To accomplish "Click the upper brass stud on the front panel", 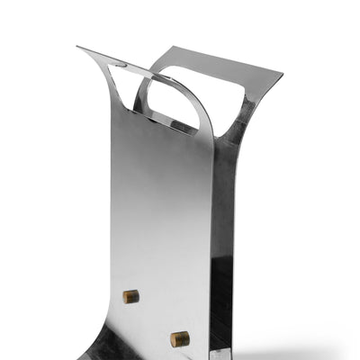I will (x=131, y=296).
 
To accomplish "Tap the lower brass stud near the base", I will (x=180, y=339).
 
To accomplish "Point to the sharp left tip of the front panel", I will (x=78, y=48).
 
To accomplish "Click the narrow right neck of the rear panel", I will (x=241, y=126).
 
